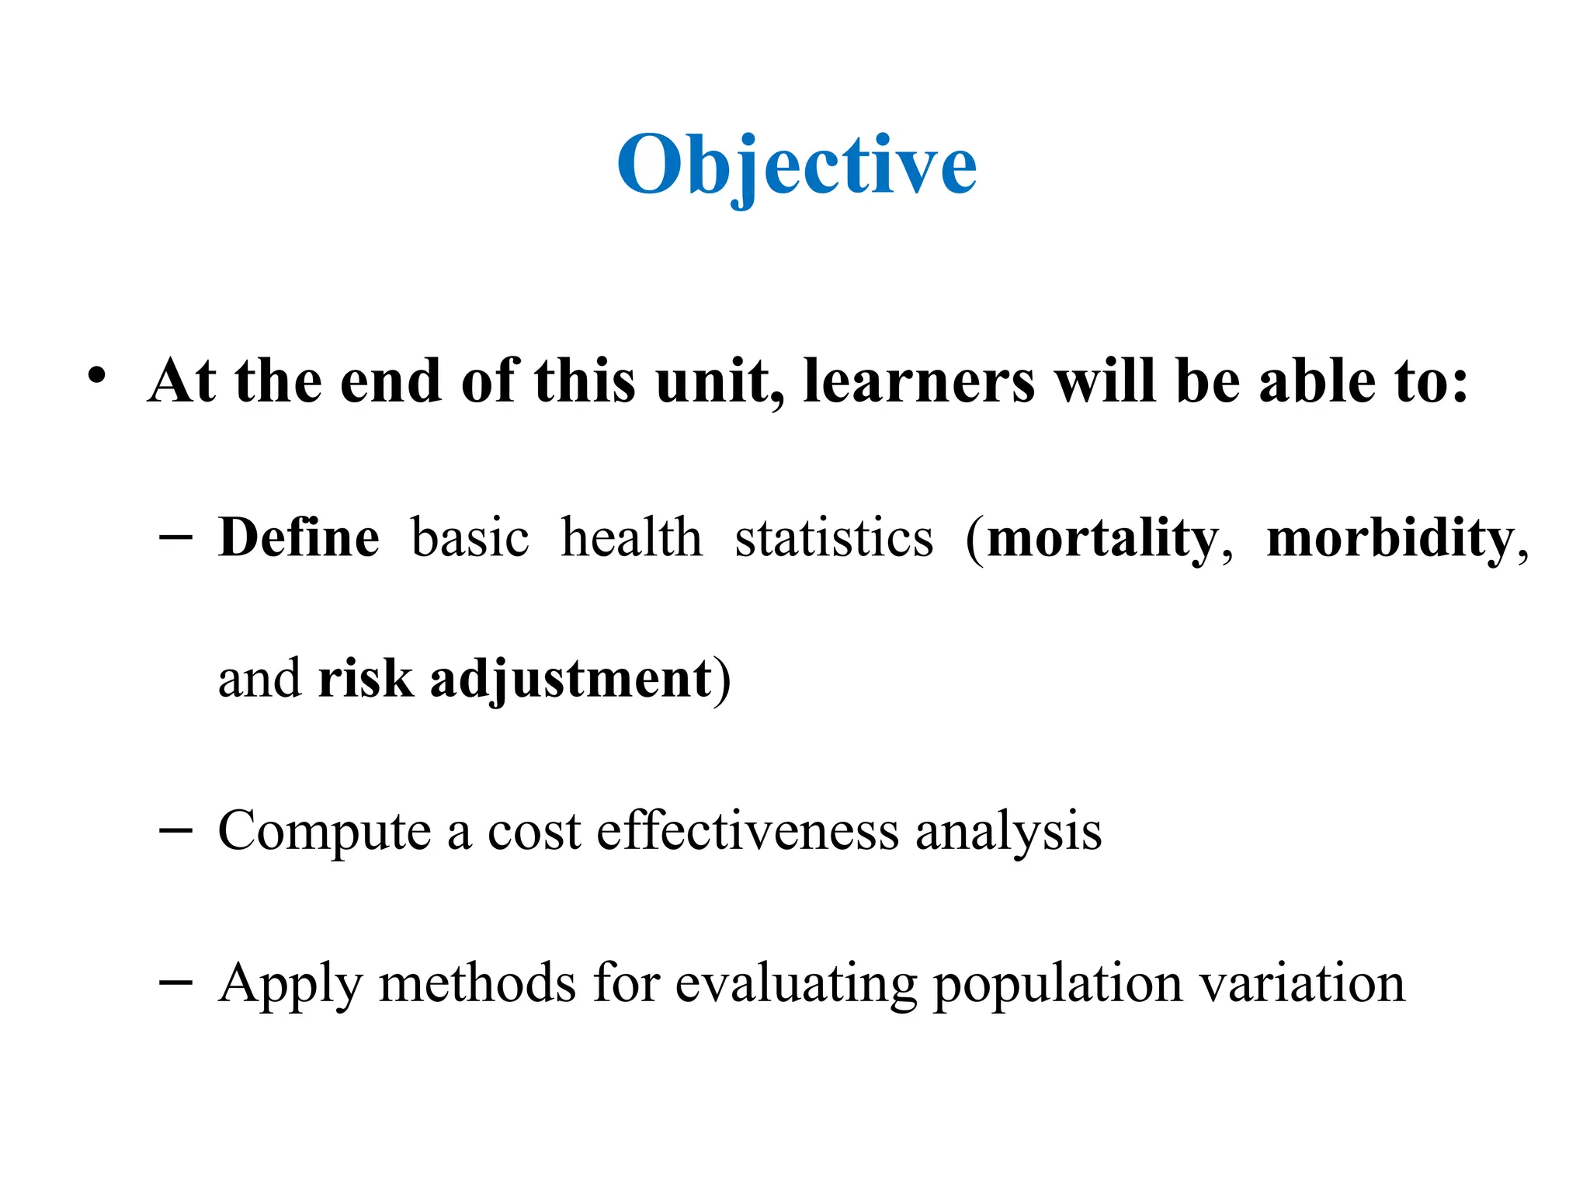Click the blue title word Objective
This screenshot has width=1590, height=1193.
[x=797, y=165]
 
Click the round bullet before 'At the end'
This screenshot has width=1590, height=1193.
[x=96, y=377]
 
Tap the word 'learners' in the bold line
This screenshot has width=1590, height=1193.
[x=918, y=381]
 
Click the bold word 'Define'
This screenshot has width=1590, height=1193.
[x=299, y=537]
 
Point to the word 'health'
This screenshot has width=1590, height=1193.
[x=631, y=537]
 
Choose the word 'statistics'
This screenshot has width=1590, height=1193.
[x=834, y=537]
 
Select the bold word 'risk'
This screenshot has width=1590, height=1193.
[x=365, y=678]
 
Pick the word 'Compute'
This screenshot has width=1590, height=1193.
[x=324, y=832]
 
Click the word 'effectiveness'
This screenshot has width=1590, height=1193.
[x=748, y=830]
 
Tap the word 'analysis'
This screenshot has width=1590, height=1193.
[x=1008, y=832]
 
